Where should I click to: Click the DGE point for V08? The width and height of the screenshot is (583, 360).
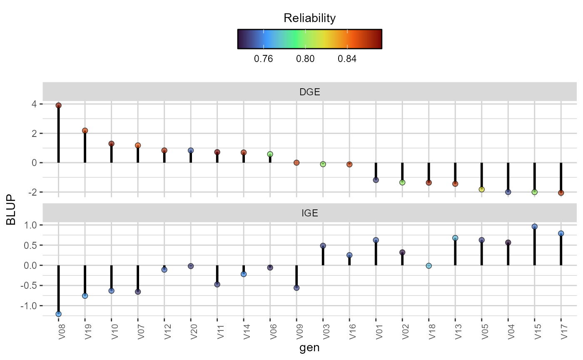click(x=58, y=105)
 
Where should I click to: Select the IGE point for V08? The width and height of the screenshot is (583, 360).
click(x=58, y=314)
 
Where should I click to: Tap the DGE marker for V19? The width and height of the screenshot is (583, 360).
click(x=85, y=131)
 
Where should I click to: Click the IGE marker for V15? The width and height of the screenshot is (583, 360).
click(x=534, y=227)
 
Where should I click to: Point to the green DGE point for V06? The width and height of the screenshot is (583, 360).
click(x=270, y=154)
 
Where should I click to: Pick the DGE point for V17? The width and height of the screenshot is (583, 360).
click(x=561, y=193)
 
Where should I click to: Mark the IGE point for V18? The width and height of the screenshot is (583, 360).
click(x=429, y=266)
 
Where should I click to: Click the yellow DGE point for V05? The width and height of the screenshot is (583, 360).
click(x=481, y=189)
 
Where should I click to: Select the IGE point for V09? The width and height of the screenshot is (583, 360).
click(x=296, y=288)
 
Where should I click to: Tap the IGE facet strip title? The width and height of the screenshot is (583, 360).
click(x=309, y=214)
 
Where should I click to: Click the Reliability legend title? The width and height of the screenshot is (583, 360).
click(x=309, y=18)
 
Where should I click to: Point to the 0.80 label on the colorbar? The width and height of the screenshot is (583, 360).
click(x=305, y=59)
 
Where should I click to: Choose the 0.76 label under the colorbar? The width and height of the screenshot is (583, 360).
click(x=263, y=59)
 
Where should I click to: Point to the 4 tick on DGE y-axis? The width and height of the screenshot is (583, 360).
click(x=35, y=104)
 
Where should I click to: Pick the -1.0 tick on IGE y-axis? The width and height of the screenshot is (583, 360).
click(x=30, y=306)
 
